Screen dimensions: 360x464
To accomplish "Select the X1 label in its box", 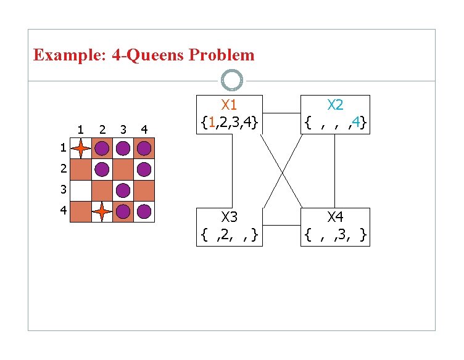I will pos(229,105).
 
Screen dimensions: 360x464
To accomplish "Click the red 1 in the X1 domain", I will pos(211,123).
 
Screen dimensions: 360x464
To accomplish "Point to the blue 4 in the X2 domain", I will pos(358,123).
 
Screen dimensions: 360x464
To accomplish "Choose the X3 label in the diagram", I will pos(229,217).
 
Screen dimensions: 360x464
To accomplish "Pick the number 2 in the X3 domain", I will pos(221,234).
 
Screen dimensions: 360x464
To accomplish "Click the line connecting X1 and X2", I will pos(282,113).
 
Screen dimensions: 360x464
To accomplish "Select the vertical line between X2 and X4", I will pos(335,171).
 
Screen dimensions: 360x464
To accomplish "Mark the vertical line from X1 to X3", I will pos(232,171).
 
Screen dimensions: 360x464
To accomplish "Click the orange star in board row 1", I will pos(80,149).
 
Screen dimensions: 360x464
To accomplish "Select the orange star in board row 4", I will pos(102,211).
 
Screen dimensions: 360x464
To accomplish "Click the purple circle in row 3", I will pos(123,190).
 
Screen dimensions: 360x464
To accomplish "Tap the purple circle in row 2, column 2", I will pos(102,170).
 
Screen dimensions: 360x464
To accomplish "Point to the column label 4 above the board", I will pos(144,129).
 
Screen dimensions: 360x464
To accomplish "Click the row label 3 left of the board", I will pos(62,190).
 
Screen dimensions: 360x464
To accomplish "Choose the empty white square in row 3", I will pos(80,190).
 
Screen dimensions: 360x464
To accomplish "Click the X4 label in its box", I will pos(335,217).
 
